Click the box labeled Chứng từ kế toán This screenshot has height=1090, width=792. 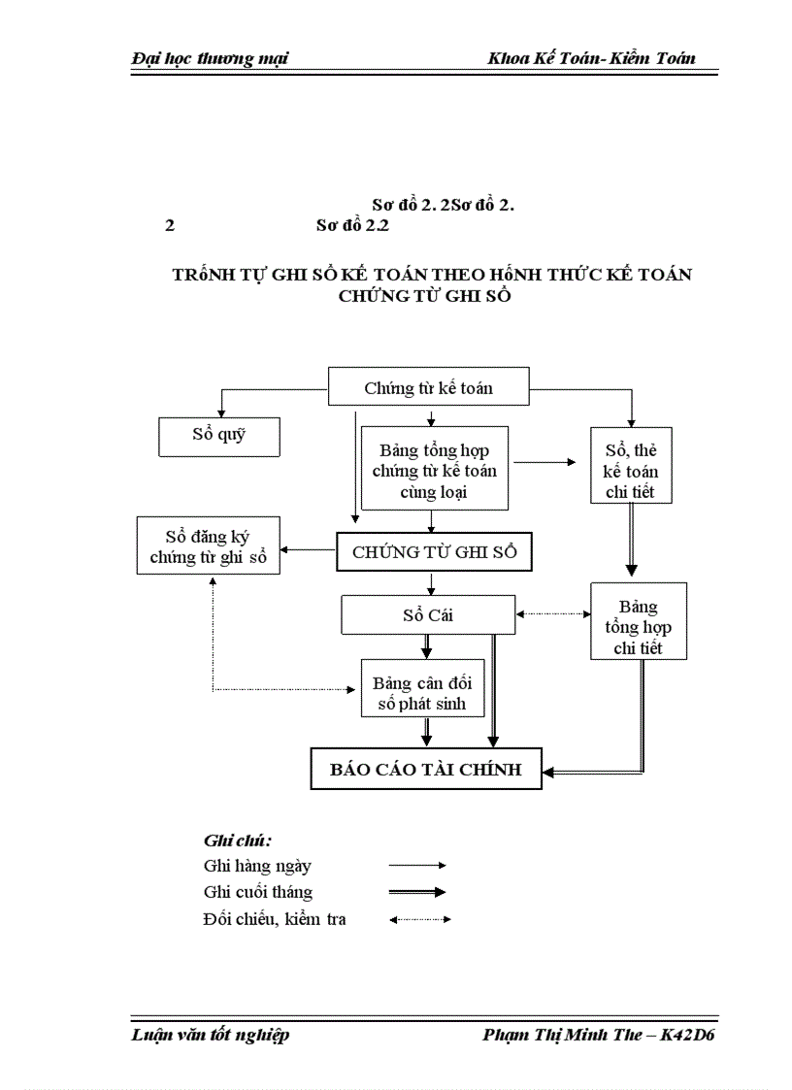point(429,387)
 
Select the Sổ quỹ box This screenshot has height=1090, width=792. point(219,435)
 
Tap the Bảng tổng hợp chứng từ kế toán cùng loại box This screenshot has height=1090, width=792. point(434,470)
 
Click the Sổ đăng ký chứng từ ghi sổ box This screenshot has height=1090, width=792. point(210,545)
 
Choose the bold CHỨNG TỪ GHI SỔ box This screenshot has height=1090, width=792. point(435,552)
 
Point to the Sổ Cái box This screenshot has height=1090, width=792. point(428,614)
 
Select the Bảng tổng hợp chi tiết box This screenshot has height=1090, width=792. point(639,621)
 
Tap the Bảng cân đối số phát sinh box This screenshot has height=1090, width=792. point(423,687)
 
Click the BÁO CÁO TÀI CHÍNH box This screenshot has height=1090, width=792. point(426,769)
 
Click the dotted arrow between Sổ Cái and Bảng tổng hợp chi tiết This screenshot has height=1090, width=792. point(553,614)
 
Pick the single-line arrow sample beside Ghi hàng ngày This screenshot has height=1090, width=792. point(417,865)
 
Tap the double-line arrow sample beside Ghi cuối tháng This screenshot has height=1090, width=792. point(417,892)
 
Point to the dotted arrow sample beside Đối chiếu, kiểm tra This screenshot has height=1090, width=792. point(419,918)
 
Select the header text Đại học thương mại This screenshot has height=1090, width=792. point(210,58)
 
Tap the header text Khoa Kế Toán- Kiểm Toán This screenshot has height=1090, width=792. point(592,58)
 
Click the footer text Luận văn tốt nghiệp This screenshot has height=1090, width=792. point(210,1035)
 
